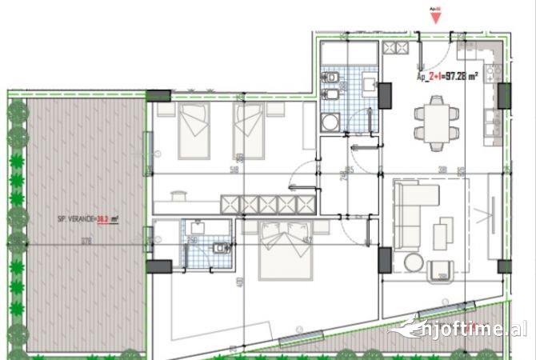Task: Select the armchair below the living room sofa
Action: tap(441, 270)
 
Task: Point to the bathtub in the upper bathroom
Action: tap(349, 53)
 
